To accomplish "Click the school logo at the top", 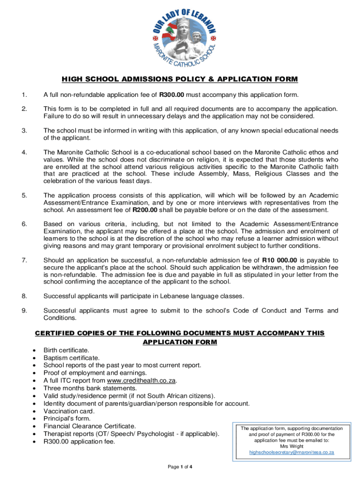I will [x=180, y=37].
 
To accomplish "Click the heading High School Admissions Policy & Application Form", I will [x=180, y=79].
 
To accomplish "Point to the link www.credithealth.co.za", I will [x=142, y=380].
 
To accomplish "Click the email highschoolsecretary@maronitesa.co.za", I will [x=292, y=452].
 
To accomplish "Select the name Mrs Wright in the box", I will [x=292, y=446].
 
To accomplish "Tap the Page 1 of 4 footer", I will [x=180, y=467].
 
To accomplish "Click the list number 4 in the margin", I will [x=23, y=152].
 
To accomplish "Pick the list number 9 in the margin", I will [x=23, y=311].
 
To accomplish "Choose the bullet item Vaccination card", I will [x=69, y=411].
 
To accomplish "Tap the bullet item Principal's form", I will [x=67, y=419].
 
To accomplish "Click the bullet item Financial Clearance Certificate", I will [x=90, y=426].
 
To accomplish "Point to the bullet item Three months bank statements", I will [x=90, y=388].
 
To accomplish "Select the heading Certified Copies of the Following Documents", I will [x=180, y=333].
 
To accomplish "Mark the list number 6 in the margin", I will [x=23, y=225].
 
